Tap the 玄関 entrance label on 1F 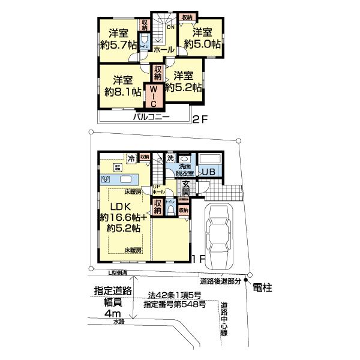coord(186,188)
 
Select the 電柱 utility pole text coord(262,289)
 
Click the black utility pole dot coord(245,281)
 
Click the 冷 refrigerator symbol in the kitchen coord(114,160)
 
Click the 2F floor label coord(200,119)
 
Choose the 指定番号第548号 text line coord(179,305)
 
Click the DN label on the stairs coord(170,26)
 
